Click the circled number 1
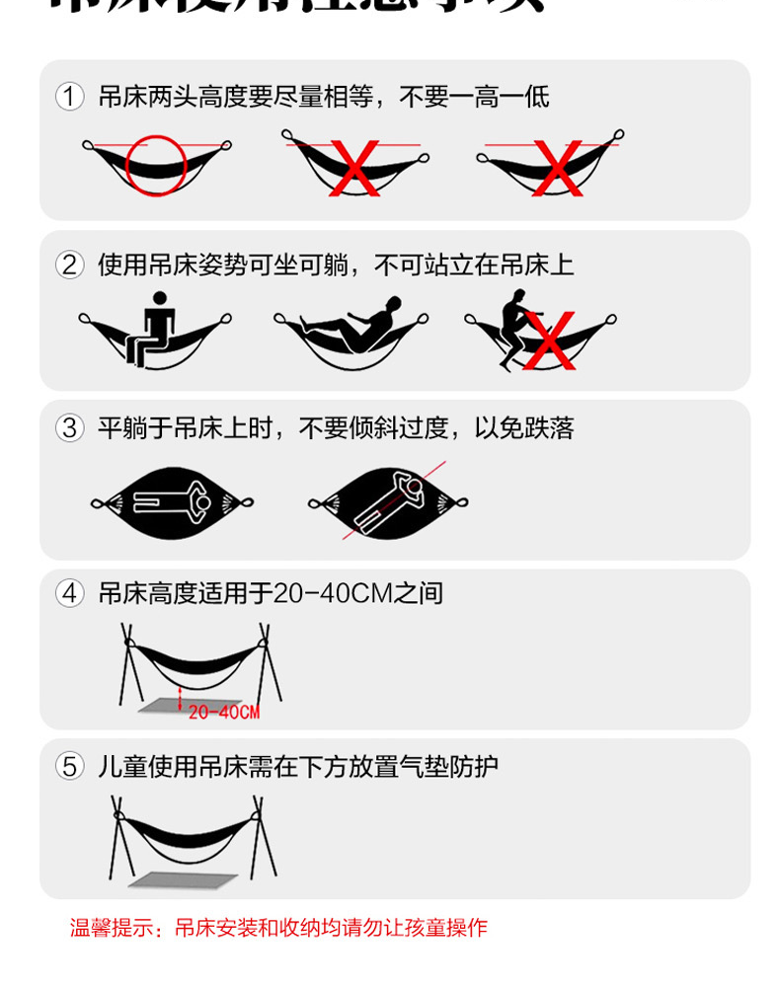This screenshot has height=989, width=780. point(69,97)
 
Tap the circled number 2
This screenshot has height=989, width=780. point(69,265)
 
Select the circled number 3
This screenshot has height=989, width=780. point(69,428)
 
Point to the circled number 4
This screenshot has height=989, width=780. point(69,593)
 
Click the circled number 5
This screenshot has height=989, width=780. point(69,766)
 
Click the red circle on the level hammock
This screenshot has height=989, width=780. point(156,165)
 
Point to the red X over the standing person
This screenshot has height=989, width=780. point(549,341)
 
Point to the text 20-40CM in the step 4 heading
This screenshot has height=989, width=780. point(332,593)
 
